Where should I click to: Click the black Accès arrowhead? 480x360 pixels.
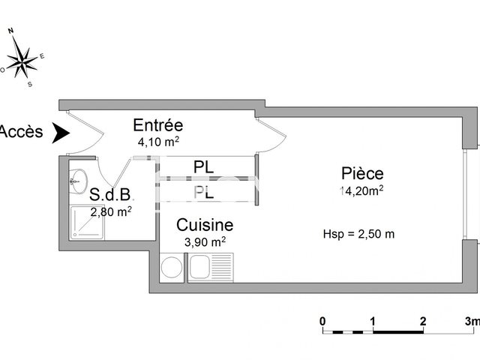click(60, 133)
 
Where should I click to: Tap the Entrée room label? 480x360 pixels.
click(158, 125)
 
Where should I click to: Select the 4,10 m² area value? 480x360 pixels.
click(158, 142)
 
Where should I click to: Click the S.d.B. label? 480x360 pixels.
click(110, 194)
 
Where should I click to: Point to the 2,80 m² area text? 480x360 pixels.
click(111, 211)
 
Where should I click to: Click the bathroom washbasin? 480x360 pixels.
click(79, 181)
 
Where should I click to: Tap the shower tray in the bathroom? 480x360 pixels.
click(88, 223)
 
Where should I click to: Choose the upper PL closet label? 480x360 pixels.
click(203, 167)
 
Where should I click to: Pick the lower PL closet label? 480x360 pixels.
click(203, 192)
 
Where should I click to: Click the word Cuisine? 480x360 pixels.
click(205, 225)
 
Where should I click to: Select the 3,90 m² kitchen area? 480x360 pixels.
click(205, 241)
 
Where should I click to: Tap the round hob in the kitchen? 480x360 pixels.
click(172, 267)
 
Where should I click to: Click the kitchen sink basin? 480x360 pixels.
click(199, 267)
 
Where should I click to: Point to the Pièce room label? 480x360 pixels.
click(362, 173)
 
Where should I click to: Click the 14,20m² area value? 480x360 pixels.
click(361, 190)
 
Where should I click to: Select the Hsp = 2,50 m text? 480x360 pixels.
click(358, 234)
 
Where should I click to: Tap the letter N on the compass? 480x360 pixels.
click(11, 31)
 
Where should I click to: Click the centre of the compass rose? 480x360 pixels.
click(22, 63)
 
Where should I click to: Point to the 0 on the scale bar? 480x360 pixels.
click(322, 322)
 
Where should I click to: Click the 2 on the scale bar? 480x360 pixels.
click(423, 322)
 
